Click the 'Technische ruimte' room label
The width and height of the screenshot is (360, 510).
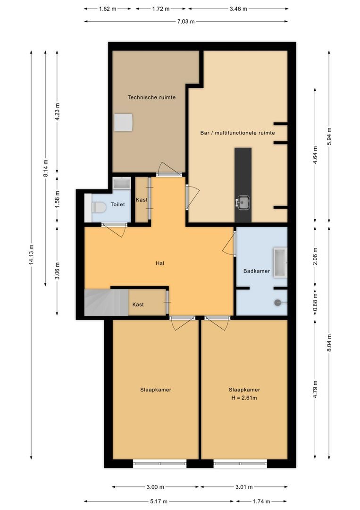[151, 97]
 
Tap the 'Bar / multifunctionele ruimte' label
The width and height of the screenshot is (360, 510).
[237, 133]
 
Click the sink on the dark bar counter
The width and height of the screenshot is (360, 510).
[243, 202]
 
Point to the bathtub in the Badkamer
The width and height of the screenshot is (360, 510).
[279, 262]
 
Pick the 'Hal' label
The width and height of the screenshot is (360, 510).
[160, 263]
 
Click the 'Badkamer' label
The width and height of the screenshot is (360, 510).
[256, 271]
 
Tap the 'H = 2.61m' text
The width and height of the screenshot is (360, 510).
[244, 398]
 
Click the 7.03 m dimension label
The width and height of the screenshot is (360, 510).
[186, 21]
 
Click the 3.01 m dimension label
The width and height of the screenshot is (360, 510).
[244, 487]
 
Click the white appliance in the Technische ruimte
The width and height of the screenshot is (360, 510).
[124, 123]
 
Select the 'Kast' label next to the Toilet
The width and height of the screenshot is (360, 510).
[142, 200]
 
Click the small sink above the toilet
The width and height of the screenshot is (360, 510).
[121, 184]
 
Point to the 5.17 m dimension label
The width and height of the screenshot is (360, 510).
[159, 501]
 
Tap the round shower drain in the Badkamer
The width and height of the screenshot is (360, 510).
[278, 303]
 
